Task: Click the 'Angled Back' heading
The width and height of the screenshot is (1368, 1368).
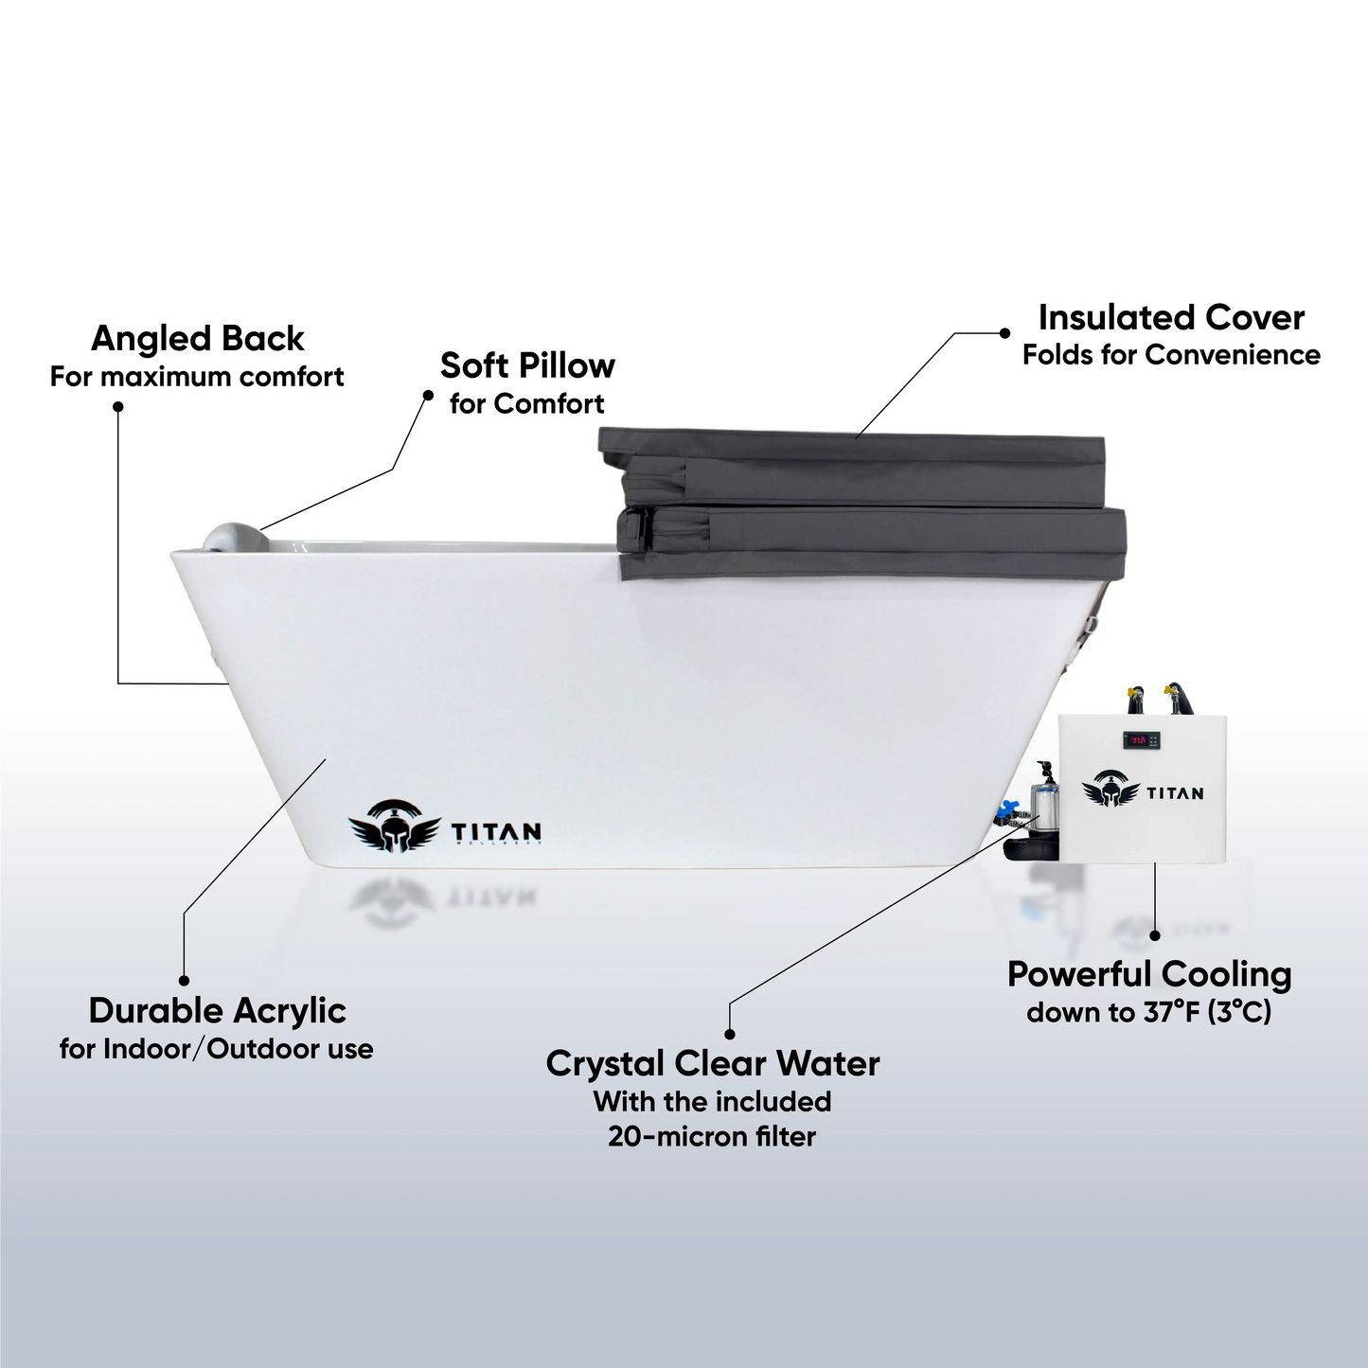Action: pos(197,339)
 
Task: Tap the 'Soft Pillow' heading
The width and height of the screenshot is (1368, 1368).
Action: pos(527,365)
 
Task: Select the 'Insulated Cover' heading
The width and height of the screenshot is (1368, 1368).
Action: pos(1171,317)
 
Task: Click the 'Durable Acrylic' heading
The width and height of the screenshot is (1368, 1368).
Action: pos(217,1011)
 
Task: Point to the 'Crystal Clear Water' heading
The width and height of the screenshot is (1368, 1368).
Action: pos(712,1063)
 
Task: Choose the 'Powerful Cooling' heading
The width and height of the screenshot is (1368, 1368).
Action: pos(1148,974)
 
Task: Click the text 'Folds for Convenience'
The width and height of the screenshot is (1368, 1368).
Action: pos(1171,355)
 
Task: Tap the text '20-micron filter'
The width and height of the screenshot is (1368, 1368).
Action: pos(712,1136)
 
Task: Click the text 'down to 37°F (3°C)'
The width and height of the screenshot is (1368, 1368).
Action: pos(1148,1012)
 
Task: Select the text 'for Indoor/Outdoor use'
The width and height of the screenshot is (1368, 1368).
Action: pos(216,1049)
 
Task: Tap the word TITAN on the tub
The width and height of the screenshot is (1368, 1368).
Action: pos(496,832)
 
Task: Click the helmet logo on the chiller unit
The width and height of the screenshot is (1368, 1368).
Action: pos(1110,789)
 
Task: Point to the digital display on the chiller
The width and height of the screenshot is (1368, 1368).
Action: pos(1140,740)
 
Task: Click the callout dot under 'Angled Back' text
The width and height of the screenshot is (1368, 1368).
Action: pos(118,406)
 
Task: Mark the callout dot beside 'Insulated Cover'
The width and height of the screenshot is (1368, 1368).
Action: pos(1004,333)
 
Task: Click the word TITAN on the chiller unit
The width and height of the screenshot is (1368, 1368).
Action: pos(1175,793)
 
